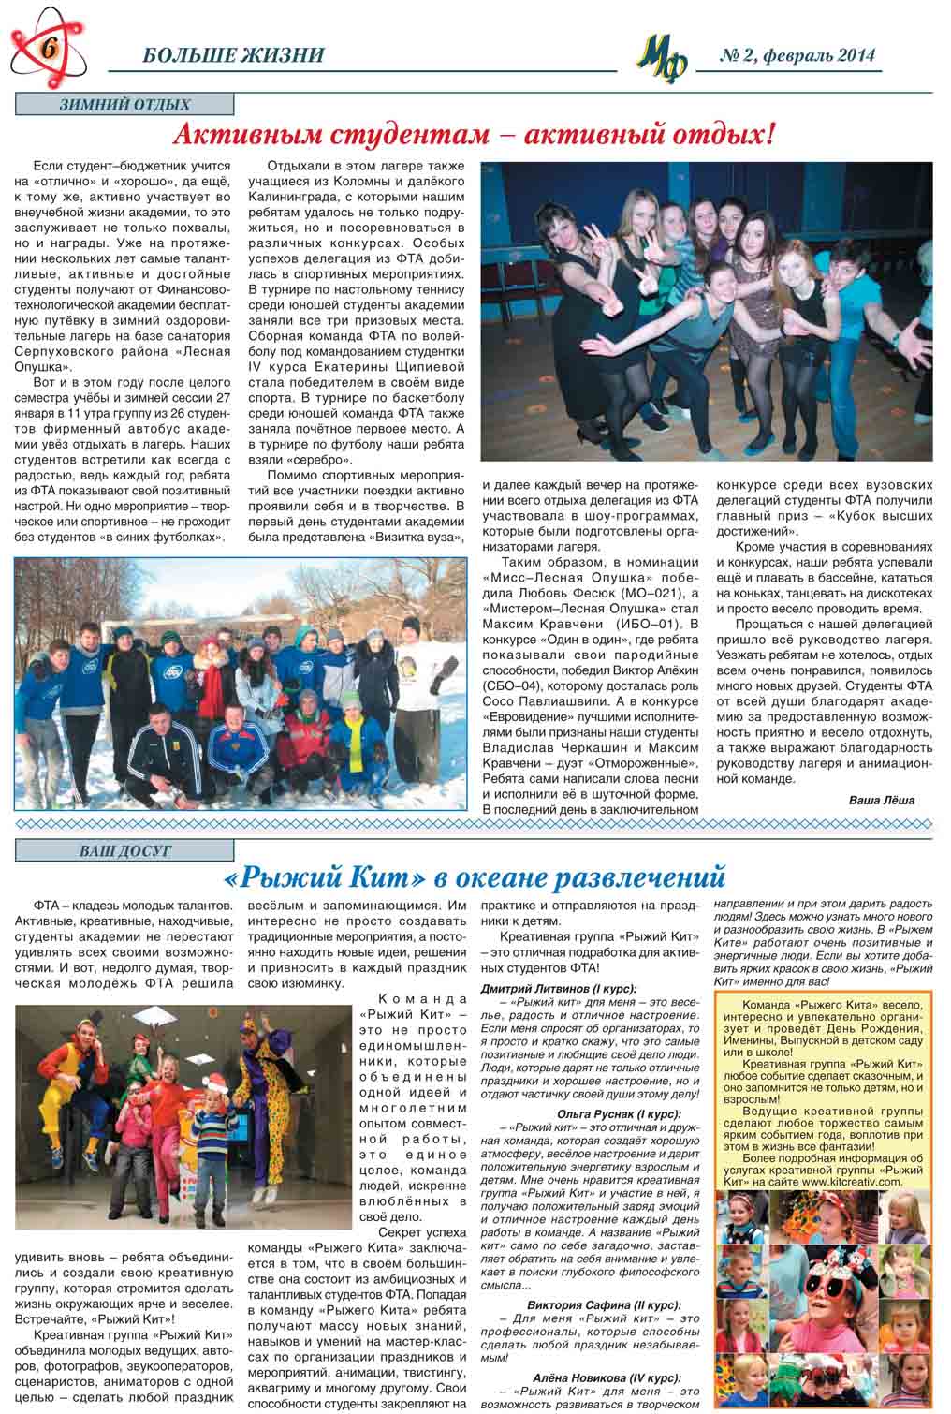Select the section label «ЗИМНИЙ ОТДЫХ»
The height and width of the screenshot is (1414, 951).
click(124, 106)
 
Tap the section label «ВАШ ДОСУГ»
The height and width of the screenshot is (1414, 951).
click(124, 850)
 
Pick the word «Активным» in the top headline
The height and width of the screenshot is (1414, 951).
click(250, 137)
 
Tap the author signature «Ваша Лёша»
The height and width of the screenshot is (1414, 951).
click(881, 800)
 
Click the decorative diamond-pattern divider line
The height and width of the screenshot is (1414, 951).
click(475, 824)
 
